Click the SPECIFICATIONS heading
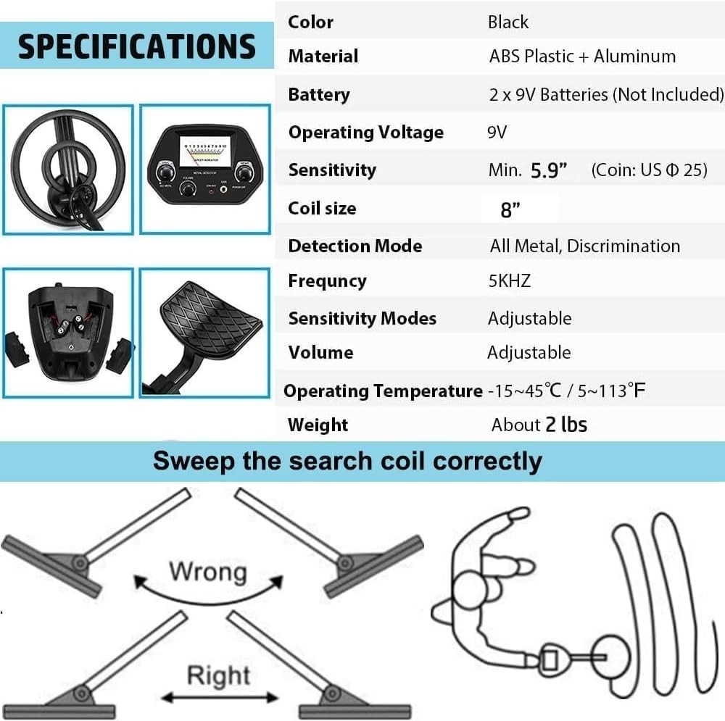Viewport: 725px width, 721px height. [x=136, y=46]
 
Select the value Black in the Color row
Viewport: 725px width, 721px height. [x=508, y=22]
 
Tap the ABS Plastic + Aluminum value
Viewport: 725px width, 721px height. [x=582, y=56]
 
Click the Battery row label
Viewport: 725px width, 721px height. [x=319, y=94]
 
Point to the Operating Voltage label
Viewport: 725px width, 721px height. [x=365, y=132]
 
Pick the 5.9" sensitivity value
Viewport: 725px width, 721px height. [x=549, y=170]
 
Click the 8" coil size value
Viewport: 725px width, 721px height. [x=511, y=210]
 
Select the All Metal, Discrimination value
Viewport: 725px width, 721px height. [x=584, y=246]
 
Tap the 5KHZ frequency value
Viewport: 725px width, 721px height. [x=510, y=280]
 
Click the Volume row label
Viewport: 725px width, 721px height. [x=320, y=352]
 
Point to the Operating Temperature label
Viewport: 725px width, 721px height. [x=382, y=391]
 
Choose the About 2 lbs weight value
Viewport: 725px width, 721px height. [x=539, y=425]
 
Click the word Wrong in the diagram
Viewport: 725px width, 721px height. [x=207, y=571]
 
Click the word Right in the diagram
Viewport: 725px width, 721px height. [x=217, y=675]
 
